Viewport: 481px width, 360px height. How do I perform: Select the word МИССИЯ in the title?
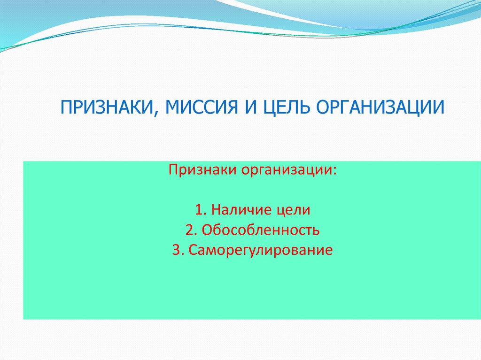pos(202,107)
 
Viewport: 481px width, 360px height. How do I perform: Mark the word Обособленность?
pos(261,230)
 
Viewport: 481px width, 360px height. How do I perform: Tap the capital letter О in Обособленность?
pos(207,230)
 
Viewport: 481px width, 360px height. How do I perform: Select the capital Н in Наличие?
pos(216,210)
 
